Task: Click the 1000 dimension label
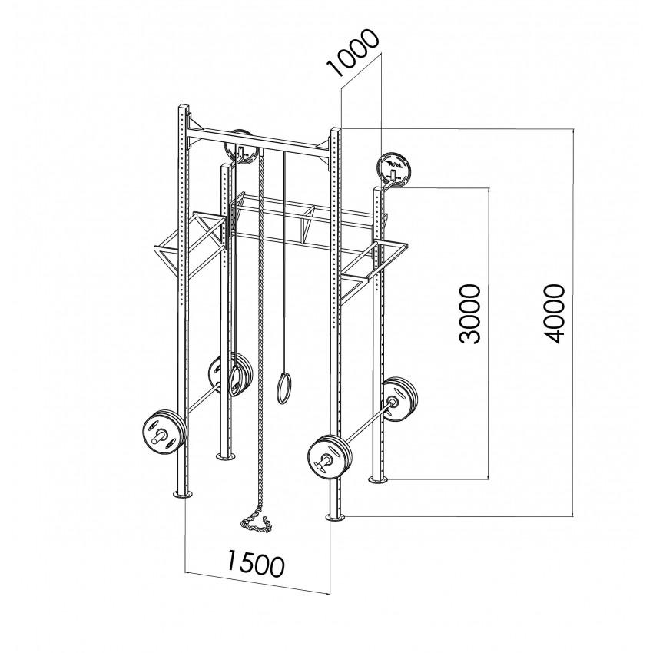(x=353, y=53)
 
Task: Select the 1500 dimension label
(x=255, y=563)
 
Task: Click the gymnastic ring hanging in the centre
(x=284, y=386)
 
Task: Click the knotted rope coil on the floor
(x=256, y=524)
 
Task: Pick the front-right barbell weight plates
(x=330, y=457)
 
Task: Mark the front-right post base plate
(x=336, y=518)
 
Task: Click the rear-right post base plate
(x=379, y=480)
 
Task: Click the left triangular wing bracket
(x=191, y=244)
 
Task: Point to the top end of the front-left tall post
(x=184, y=105)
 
